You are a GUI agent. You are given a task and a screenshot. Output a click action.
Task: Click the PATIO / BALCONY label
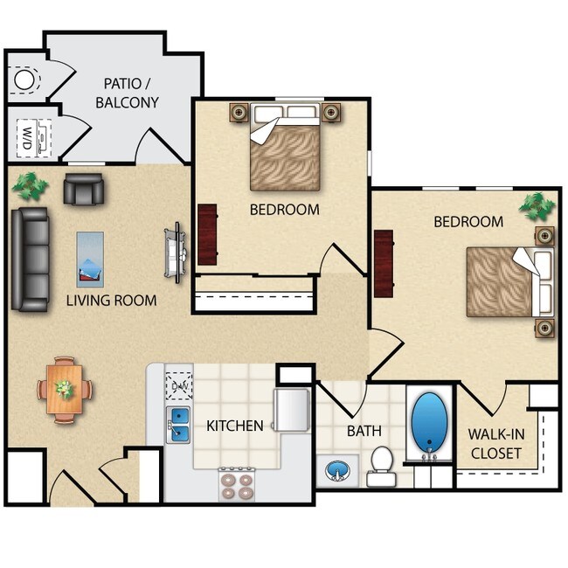coord(131,93)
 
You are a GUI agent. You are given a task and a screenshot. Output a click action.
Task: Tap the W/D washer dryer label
coord(27,136)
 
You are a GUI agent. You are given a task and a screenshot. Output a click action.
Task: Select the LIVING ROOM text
coord(112,301)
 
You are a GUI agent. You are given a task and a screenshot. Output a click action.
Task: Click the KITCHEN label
coord(235,426)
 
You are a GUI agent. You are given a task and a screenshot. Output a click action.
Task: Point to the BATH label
coord(364,431)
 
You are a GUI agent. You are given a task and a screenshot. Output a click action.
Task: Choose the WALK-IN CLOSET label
coord(495,444)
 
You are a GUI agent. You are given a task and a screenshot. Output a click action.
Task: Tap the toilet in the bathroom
coord(382,464)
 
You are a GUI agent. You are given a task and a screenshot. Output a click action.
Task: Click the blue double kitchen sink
coord(180,423)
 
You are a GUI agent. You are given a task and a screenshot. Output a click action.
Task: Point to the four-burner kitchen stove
coord(236,484)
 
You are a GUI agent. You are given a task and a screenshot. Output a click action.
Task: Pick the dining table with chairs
coord(66,390)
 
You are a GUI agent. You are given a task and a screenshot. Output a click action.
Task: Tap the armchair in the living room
coord(83,188)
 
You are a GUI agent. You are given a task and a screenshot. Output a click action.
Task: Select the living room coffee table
coord(90,259)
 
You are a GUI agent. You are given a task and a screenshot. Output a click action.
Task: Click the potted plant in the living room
coord(31,184)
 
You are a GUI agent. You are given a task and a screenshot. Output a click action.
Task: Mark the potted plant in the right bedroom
coord(537,206)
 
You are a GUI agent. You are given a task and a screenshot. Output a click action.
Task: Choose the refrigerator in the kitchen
coord(292,409)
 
